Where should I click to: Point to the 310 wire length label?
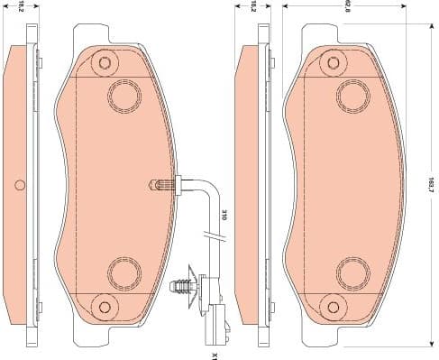tap(224, 214)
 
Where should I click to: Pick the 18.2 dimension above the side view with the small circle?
tap(20, 6)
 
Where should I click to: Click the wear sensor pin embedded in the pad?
tap(159, 186)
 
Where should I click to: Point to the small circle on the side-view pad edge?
tap(20, 186)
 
